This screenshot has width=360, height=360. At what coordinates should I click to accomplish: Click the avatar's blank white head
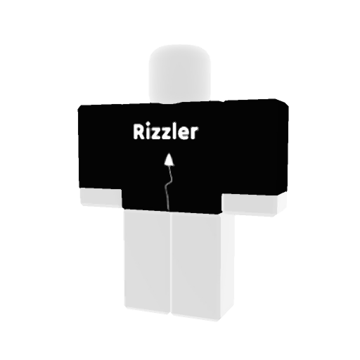pos(180,73)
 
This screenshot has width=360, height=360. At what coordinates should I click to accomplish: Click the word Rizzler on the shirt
pos(165,131)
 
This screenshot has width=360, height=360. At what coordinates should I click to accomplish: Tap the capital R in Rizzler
pos(139,131)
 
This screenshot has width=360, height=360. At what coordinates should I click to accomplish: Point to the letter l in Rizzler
pos(179,131)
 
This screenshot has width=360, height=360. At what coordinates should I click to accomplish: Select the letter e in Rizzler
pos(186,134)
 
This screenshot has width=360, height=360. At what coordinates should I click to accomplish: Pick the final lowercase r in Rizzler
pos(195,134)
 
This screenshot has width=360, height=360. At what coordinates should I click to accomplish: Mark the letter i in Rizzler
pos(148,131)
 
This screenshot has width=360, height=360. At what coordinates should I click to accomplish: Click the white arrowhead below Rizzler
pos(169,160)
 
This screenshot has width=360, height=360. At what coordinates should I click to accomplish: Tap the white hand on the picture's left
pos(101,198)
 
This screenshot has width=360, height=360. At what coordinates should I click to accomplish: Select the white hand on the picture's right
pos(255,204)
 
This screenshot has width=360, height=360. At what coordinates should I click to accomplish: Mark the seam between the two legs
pos(171,262)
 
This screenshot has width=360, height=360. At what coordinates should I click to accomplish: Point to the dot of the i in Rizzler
pos(148,126)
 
